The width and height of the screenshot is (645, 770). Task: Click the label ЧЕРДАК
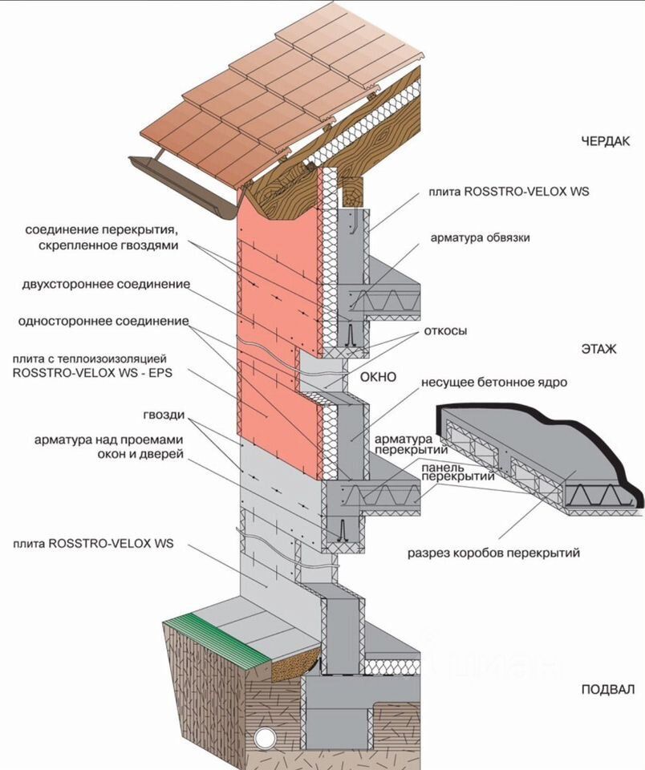pos(608,141)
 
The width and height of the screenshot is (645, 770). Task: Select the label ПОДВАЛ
pos(607,690)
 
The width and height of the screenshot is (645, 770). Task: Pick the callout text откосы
pos(447,330)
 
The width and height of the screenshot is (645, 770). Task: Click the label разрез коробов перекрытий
pos(493,553)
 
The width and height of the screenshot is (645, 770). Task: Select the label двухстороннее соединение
pos(107,285)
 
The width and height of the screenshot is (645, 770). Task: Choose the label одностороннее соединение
pos(104,322)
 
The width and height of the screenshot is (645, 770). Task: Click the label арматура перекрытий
pos(407,446)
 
